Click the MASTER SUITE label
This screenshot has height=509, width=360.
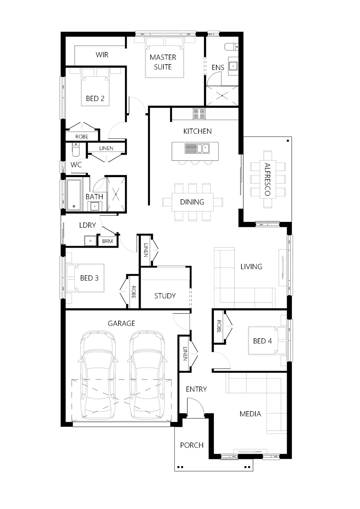tap(163, 62)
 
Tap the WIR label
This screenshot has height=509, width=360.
tap(102, 55)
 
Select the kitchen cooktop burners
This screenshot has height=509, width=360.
tap(199, 114)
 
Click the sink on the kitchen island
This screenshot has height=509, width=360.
tap(197, 149)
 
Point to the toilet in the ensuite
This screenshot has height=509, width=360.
tap(231, 47)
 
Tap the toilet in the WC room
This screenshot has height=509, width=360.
tap(76, 149)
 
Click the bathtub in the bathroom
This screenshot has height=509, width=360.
tap(74, 195)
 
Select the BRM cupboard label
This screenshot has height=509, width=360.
tap(107, 241)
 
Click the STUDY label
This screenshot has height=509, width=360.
tap(165, 296)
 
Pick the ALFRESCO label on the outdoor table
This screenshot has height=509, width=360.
tap(267, 179)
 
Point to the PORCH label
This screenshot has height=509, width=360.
tap(192, 445)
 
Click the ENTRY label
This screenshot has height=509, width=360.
tap(196, 389)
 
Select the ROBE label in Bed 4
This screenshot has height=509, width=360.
tap(219, 326)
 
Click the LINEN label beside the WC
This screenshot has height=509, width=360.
tap(106, 148)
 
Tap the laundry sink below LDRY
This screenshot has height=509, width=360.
tap(90, 241)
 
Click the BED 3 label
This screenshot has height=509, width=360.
tap(89, 278)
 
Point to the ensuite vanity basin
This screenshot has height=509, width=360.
tap(233, 66)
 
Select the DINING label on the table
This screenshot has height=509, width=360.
tap(192, 202)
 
